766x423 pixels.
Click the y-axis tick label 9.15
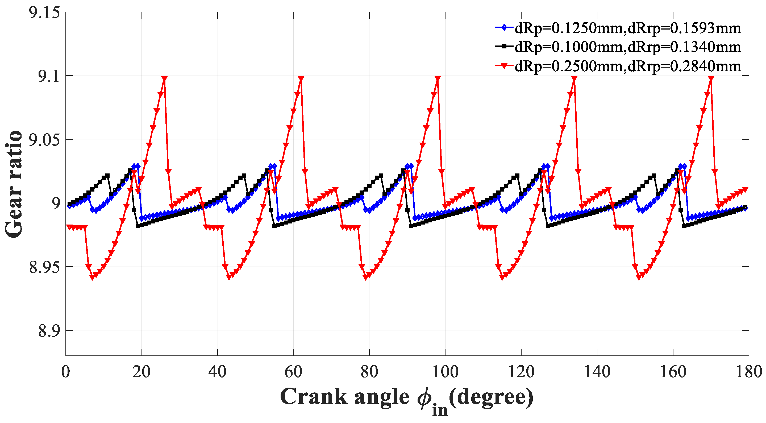pos(44,13)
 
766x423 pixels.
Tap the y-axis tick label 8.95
pos(44,267)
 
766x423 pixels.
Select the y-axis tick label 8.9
pos(49,331)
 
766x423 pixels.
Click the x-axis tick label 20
pos(141,372)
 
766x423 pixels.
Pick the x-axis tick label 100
pos(445,372)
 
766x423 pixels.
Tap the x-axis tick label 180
pos(748,372)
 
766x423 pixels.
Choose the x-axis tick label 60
pos(293,372)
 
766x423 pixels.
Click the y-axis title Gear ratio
pos(13,184)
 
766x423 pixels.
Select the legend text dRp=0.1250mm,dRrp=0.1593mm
pos(627,28)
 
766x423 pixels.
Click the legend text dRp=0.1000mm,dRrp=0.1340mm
pos(627,47)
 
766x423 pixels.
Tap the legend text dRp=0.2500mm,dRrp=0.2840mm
pos(627,66)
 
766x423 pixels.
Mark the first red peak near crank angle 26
pos(164,78)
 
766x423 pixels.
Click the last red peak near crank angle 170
pos(711,78)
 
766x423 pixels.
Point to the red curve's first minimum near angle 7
pos(92,277)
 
